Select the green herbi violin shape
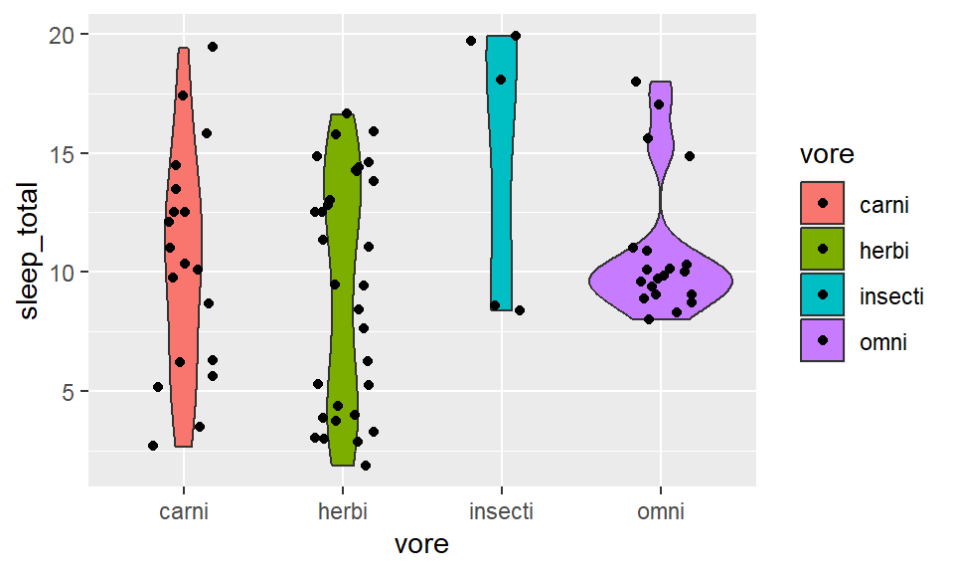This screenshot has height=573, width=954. (342, 298)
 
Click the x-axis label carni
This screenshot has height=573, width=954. (184, 511)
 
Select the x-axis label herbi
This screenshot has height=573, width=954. (342, 511)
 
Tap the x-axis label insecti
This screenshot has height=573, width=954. (501, 511)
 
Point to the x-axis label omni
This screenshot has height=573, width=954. (660, 511)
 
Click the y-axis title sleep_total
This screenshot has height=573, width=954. (30, 251)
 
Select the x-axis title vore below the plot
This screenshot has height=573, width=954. (421, 544)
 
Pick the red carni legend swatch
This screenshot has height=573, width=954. (823, 204)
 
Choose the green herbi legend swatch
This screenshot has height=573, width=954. (823, 250)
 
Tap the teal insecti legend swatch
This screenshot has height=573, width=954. (823, 295)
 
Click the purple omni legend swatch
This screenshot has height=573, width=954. (823, 341)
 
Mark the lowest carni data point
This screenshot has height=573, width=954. (153, 446)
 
